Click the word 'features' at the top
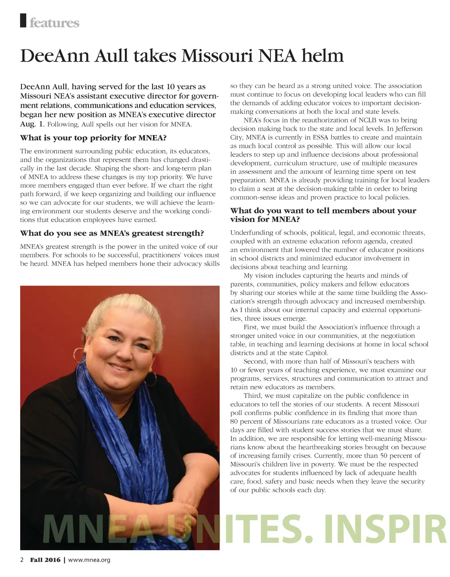(54, 23)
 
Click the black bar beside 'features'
(23, 21)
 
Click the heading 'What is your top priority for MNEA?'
(93, 138)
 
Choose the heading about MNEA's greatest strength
(112, 233)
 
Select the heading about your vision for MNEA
(323, 215)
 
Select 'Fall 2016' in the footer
(45, 560)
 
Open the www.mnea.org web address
(89, 560)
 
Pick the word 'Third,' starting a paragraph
(253, 396)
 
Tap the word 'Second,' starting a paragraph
(256, 361)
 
